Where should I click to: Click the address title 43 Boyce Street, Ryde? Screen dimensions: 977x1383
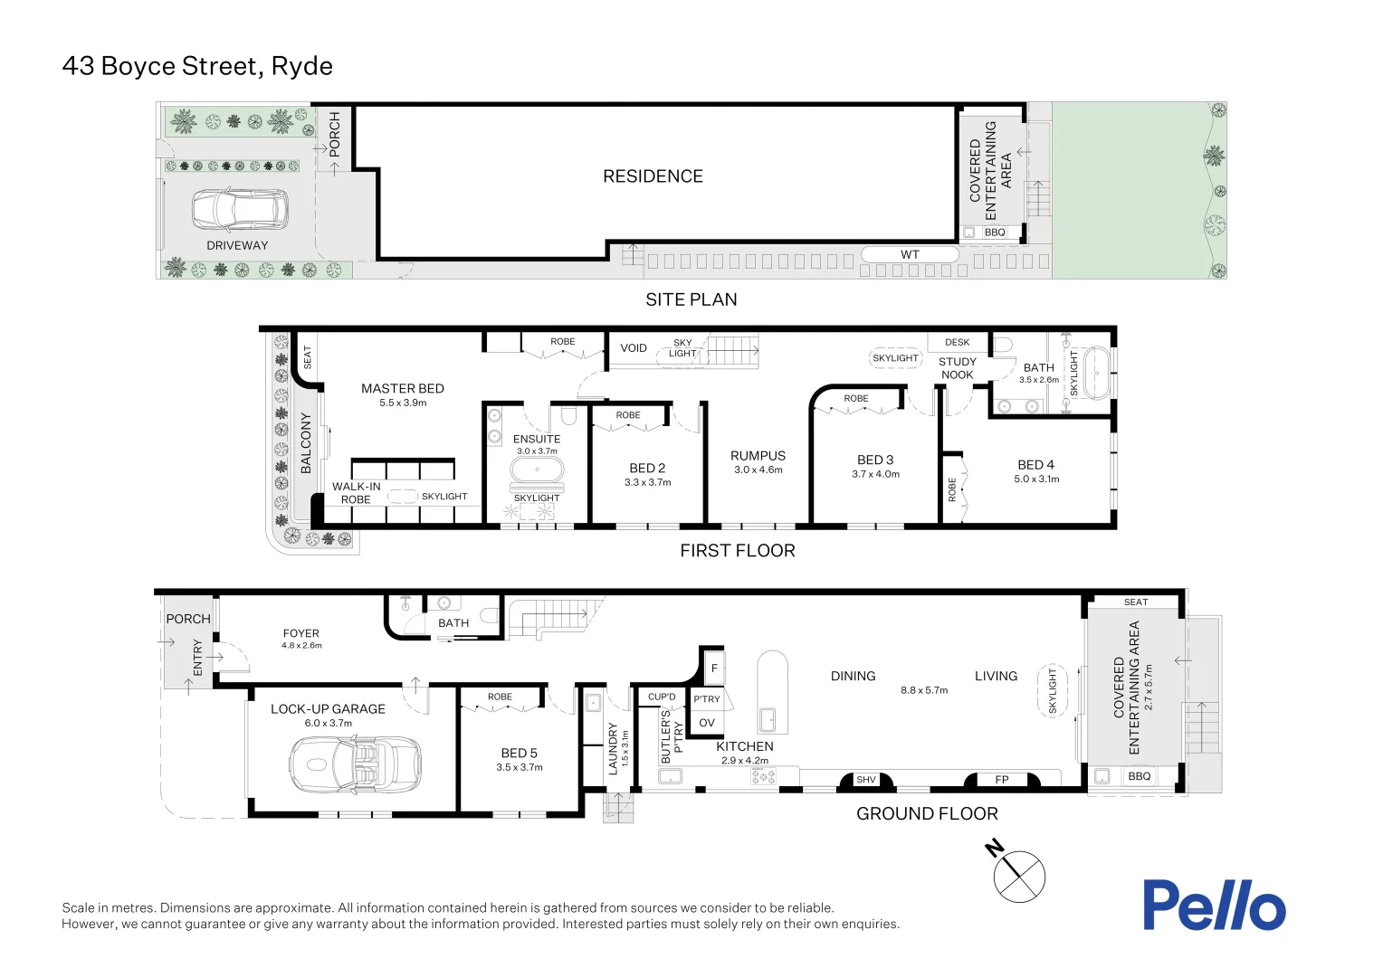pyautogui.click(x=197, y=66)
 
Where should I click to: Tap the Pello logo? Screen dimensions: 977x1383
pyautogui.click(x=1213, y=905)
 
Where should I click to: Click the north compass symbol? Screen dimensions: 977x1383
pyautogui.click(x=1018, y=875)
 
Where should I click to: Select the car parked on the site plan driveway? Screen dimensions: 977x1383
pyautogui.click(x=240, y=210)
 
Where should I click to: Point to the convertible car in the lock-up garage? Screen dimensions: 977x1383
pyautogui.click(x=355, y=765)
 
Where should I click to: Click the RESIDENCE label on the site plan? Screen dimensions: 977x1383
pyautogui.click(x=653, y=176)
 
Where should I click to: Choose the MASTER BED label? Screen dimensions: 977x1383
pyautogui.click(x=403, y=389)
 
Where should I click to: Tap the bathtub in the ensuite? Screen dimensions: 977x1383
pyautogui.click(x=537, y=470)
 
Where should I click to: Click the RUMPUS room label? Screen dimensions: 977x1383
pyautogui.click(x=758, y=456)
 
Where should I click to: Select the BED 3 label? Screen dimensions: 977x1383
pyautogui.click(x=875, y=460)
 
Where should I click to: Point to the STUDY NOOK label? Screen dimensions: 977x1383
pyautogui.click(x=957, y=368)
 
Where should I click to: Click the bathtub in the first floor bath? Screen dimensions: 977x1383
pyautogui.click(x=1096, y=373)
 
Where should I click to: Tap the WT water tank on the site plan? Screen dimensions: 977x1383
pyautogui.click(x=909, y=255)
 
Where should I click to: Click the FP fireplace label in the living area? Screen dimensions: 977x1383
pyautogui.click(x=1002, y=780)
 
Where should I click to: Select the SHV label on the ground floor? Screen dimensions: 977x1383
pyautogui.click(x=866, y=780)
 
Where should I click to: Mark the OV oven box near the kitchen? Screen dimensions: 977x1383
pyautogui.click(x=707, y=723)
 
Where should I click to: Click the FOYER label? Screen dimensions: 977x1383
pyautogui.click(x=301, y=633)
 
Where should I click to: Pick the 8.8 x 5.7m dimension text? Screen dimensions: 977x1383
pyautogui.click(x=924, y=690)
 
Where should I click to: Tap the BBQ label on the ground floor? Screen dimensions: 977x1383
pyautogui.click(x=1139, y=776)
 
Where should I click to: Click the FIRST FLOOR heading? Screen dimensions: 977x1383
pyautogui.click(x=738, y=551)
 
